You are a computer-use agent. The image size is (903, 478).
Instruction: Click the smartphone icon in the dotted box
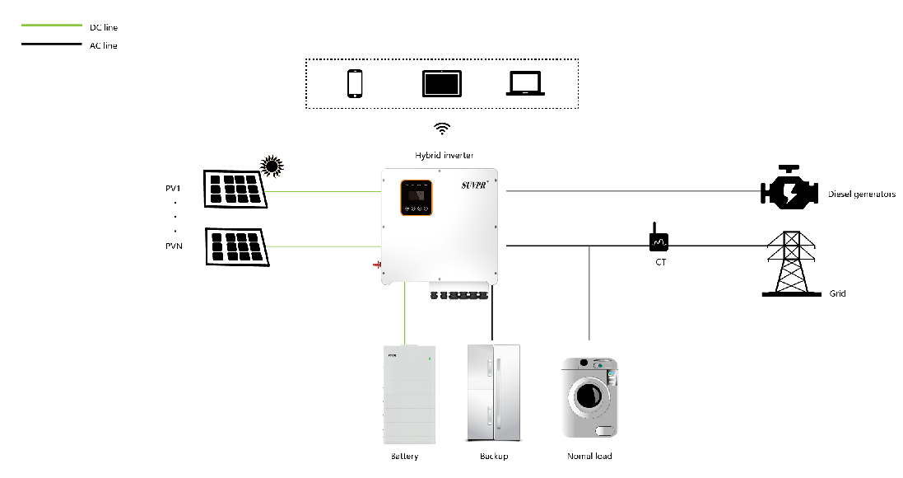pos(355,83)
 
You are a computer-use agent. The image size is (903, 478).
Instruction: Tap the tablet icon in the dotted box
pos(442,84)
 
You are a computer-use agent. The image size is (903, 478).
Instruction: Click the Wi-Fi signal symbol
pos(443,129)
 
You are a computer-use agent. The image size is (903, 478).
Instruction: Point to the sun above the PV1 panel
pos(271,166)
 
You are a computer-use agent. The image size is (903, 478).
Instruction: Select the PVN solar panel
pos(235,246)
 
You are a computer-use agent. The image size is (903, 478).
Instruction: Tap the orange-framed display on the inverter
pos(417,197)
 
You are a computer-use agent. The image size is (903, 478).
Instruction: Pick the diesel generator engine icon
pos(788,190)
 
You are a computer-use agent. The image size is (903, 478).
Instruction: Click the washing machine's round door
pos(588,396)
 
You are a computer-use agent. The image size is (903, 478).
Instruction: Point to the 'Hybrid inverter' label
pos(444,155)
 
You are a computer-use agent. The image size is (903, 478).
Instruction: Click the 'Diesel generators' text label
pos(861,194)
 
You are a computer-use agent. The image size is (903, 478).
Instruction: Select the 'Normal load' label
pos(589,456)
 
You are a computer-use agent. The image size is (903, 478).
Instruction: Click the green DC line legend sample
pos(50,27)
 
